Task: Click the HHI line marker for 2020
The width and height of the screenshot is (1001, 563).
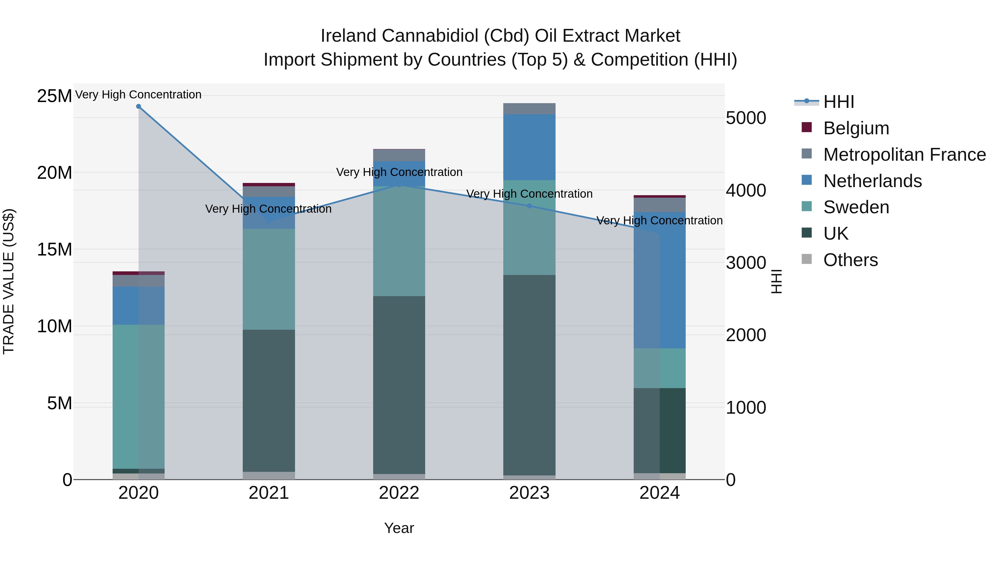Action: pyautogui.click(x=138, y=106)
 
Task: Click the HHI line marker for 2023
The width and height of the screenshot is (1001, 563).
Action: pyautogui.click(x=529, y=206)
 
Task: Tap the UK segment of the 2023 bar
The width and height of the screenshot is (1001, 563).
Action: pyautogui.click(x=529, y=375)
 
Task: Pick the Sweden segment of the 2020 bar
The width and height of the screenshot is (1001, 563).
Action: pyautogui.click(x=138, y=396)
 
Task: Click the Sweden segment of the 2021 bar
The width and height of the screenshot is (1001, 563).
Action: pyautogui.click(x=269, y=279)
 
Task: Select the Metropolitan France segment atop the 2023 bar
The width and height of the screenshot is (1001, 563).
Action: pyautogui.click(x=529, y=109)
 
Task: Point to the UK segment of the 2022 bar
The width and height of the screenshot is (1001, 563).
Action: pyautogui.click(x=399, y=385)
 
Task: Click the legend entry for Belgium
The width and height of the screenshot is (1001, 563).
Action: pyautogui.click(x=856, y=128)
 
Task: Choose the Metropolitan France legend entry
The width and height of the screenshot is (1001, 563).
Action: pyautogui.click(x=904, y=155)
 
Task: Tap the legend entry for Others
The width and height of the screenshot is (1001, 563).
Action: pyautogui.click(x=850, y=260)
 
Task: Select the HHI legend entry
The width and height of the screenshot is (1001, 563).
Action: pyautogui.click(x=839, y=102)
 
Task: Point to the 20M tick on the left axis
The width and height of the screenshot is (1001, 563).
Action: pyautogui.click(x=54, y=172)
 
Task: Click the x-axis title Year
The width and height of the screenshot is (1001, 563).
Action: pyautogui.click(x=399, y=528)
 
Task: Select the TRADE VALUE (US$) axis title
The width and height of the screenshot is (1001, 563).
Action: pyautogui.click(x=9, y=281)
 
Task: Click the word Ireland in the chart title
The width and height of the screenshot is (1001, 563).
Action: pyautogui.click(x=348, y=36)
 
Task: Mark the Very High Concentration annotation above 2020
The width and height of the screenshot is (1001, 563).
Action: pyautogui.click(x=138, y=95)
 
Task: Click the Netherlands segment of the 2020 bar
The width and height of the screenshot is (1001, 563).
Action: pyautogui.click(x=138, y=305)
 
